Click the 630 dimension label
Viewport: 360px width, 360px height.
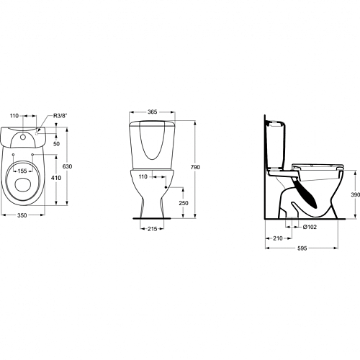pyautogui.click(x=67, y=166)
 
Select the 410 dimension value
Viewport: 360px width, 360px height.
pyautogui.click(x=56, y=178)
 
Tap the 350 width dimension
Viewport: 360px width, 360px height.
pyautogui.click(x=22, y=215)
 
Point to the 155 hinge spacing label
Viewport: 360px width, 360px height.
pyautogui.click(x=22, y=171)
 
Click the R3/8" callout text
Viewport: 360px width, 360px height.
pyautogui.click(x=60, y=116)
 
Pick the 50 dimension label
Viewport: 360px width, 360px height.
pyautogui.click(x=56, y=143)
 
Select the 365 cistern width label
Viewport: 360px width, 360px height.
pyautogui.click(x=153, y=112)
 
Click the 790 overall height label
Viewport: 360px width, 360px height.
pyautogui.click(x=195, y=167)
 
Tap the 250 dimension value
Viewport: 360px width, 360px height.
pyautogui.click(x=184, y=203)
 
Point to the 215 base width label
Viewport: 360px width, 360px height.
pyautogui.click(x=153, y=229)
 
